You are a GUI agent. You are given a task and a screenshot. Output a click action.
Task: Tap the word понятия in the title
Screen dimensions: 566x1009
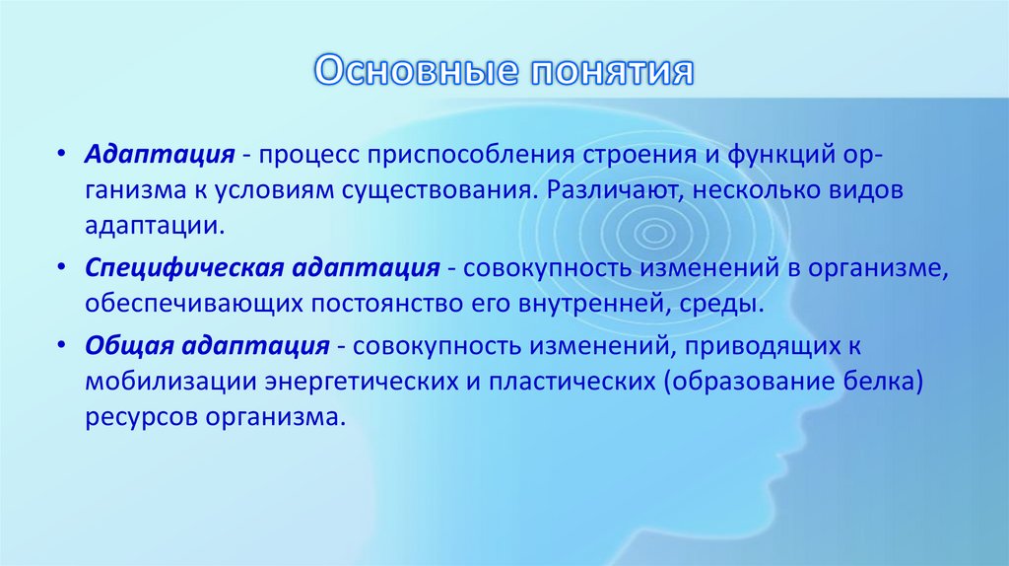(611, 73)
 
